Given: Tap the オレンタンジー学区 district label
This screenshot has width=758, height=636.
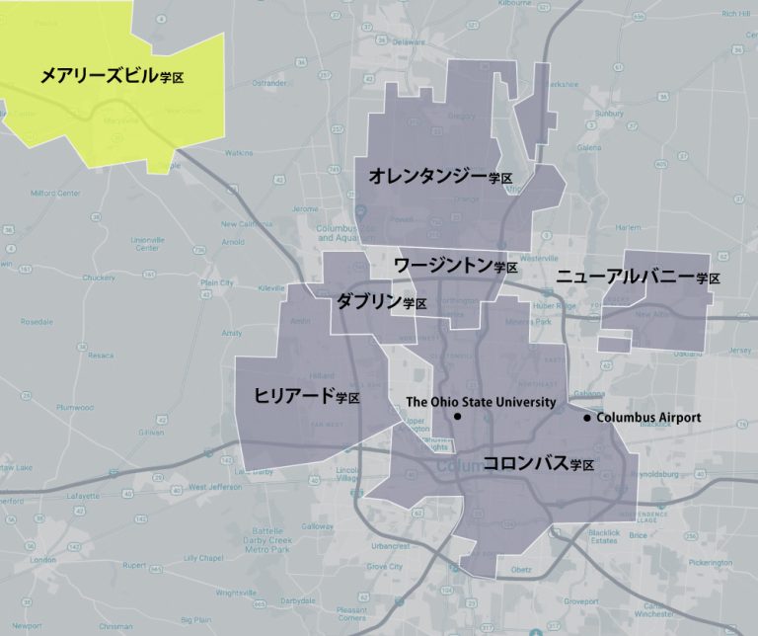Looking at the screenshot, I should coord(440,177).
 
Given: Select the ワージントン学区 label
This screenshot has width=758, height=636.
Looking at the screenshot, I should coord(455,266).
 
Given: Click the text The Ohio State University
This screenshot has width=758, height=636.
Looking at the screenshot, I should coord(481,402).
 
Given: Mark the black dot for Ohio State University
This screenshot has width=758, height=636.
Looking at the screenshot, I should coord(458,418).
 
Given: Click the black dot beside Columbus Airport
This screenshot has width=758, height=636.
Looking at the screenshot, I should coord(587,418).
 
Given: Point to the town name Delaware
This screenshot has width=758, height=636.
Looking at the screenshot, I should coord(402,42).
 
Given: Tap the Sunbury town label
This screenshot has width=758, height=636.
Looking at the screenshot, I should coord(610,114).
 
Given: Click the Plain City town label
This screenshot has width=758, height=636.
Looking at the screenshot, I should coord(216,282).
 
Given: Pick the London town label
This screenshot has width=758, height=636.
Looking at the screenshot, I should coord(42,559).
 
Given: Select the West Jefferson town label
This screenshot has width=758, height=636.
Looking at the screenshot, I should coord(214,487).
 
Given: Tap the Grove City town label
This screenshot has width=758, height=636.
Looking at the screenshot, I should coord(384,567).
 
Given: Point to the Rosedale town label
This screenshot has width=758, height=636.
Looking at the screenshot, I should coord(37,322).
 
